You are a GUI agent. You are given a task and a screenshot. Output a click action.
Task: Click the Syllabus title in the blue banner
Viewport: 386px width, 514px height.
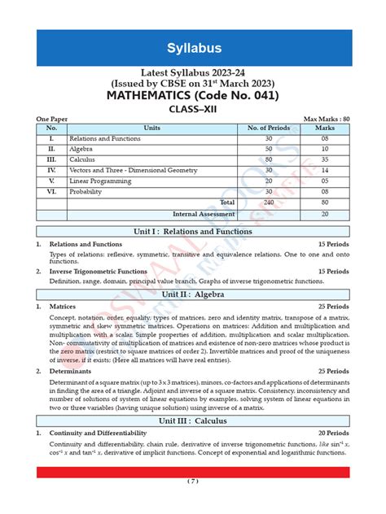point(193,48)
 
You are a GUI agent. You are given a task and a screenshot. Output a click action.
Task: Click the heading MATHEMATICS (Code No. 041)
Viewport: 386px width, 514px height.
point(193,96)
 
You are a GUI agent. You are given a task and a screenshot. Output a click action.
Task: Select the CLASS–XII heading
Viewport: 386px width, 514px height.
point(193,111)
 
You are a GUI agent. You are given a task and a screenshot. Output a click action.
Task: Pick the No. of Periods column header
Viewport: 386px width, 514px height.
point(268,128)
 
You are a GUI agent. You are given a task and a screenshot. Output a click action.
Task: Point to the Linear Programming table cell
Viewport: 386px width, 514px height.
point(101,181)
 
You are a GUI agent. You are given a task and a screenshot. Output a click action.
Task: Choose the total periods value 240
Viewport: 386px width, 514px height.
point(268,202)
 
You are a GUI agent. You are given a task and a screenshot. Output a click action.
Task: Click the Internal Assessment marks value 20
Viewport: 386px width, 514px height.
point(325,214)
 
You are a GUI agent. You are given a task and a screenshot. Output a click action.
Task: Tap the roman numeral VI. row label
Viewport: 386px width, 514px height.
point(51,191)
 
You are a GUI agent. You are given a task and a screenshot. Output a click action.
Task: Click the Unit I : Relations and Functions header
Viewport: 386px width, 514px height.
point(193,232)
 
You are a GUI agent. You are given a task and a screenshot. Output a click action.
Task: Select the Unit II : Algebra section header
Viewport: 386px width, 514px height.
point(193,294)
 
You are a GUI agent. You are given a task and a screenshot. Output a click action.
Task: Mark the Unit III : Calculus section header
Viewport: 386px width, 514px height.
point(193,421)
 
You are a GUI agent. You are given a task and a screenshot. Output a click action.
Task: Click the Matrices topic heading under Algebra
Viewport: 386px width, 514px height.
point(63,307)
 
